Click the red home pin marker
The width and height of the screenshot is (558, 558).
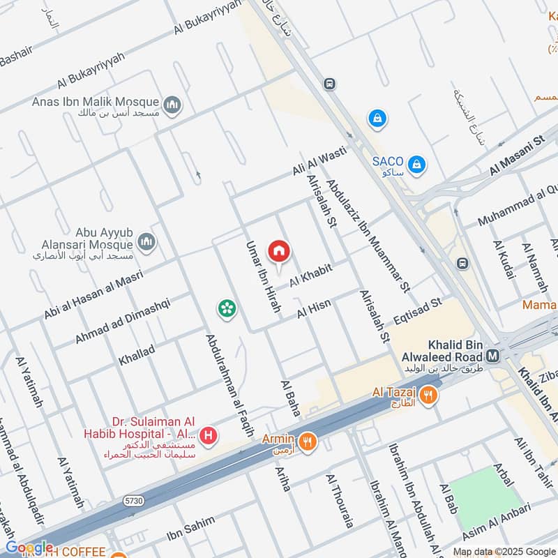(x=279, y=251)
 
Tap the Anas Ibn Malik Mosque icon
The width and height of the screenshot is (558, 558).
(x=172, y=105)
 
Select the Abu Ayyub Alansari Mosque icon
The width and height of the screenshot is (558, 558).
(x=146, y=241)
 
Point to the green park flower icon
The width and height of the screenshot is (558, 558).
(x=225, y=308)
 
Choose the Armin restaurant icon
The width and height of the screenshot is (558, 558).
(x=306, y=441)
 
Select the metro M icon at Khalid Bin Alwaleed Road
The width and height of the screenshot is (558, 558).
(x=493, y=356)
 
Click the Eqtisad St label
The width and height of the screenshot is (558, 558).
(x=418, y=312)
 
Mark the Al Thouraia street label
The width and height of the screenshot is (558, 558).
(x=340, y=500)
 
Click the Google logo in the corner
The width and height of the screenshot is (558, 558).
(x=29, y=548)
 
